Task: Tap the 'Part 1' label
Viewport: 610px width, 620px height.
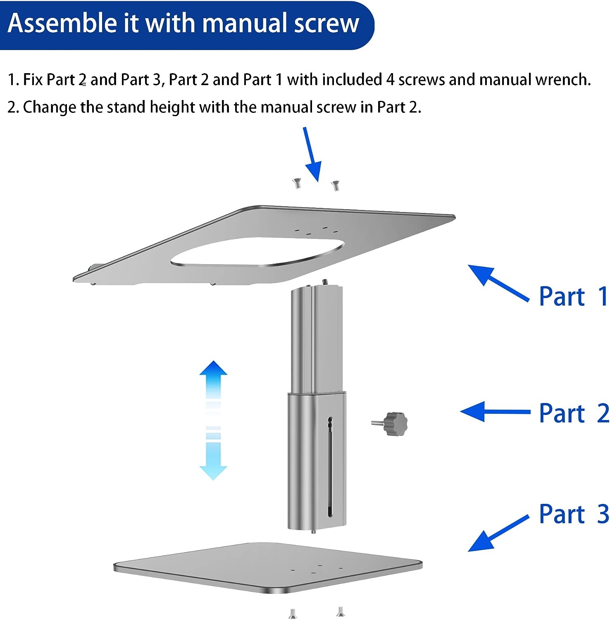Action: [573, 296]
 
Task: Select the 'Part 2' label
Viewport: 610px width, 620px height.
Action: [574, 413]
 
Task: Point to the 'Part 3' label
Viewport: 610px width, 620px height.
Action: [574, 514]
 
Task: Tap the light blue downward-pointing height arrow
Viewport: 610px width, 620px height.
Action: [213, 459]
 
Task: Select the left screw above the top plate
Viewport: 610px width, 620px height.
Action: [297, 183]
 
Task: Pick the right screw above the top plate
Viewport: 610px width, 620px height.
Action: [335, 185]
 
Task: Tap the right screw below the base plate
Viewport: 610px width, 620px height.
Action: [340, 611]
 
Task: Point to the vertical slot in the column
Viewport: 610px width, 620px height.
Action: [329, 467]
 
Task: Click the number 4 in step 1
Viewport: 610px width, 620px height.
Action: [391, 79]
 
